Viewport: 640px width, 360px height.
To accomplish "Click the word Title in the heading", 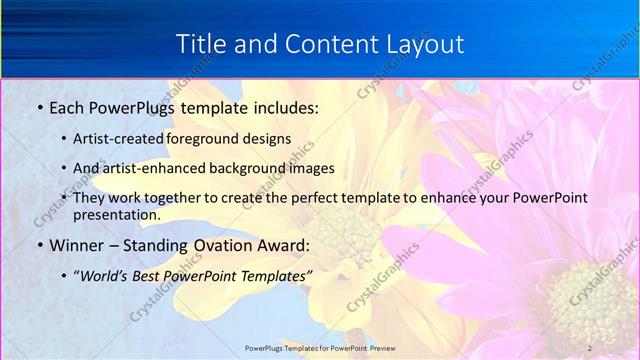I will (x=199, y=45).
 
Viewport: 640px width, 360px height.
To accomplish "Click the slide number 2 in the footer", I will (x=590, y=347).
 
